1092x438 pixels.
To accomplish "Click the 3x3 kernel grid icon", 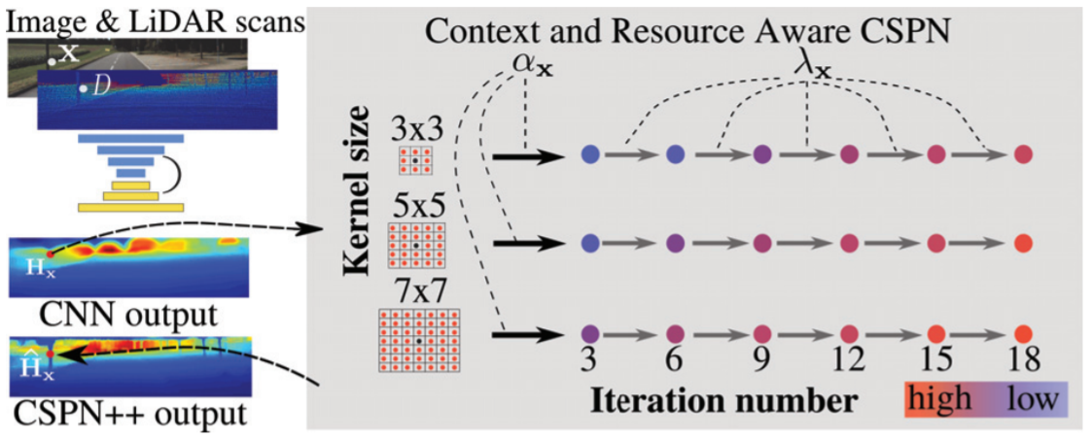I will coord(414,160).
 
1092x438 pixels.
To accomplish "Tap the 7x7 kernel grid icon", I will coord(419,341).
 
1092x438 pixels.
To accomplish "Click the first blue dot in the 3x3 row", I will coord(588,154).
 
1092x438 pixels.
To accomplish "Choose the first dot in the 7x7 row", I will coord(588,333).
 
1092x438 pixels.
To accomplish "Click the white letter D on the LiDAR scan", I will coord(101,90).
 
